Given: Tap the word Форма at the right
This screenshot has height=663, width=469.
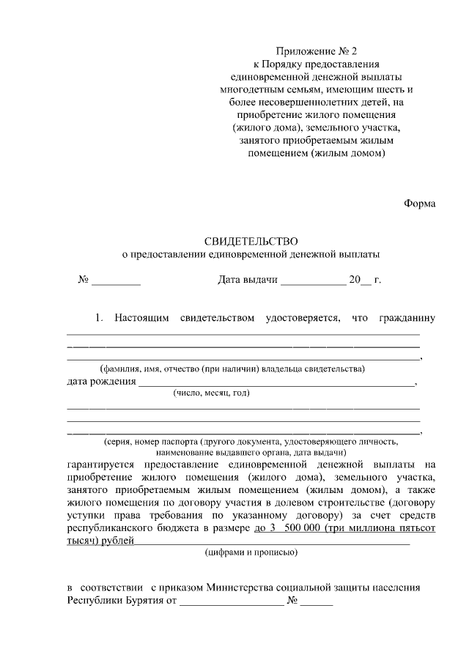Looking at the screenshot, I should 420,203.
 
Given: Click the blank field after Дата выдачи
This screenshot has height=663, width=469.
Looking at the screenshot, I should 313,281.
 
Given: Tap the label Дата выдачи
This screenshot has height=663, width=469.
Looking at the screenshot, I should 248,280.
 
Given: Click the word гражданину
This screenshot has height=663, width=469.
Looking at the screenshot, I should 407,318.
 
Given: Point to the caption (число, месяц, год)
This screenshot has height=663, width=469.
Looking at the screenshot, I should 212,393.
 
